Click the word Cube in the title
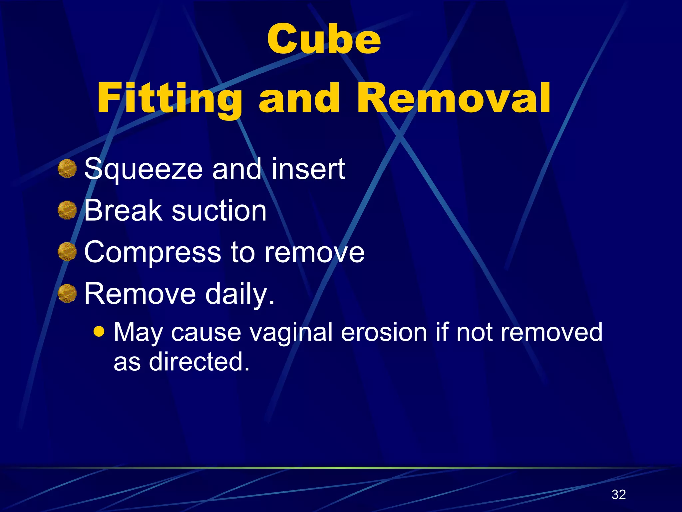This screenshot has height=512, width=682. pyautogui.click(x=324, y=39)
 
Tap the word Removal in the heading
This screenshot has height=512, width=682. pyautogui.click(x=454, y=98)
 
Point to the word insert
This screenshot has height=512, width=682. pyautogui.click(x=308, y=169)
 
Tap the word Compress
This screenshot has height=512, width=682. pyautogui.click(x=153, y=252)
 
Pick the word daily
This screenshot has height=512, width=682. pyautogui.click(x=240, y=294)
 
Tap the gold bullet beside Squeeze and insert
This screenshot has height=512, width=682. pyautogui.click(x=67, y=168)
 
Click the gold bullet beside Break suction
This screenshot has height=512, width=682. pyautogui.click(x=67, y=210)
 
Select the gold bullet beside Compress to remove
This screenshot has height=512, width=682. pyautogui.click(x=67, y=252)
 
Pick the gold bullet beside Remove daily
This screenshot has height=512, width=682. pyautogui.click(x=67, y=293)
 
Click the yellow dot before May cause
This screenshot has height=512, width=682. pyautogui.click(x=99, y=331)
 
